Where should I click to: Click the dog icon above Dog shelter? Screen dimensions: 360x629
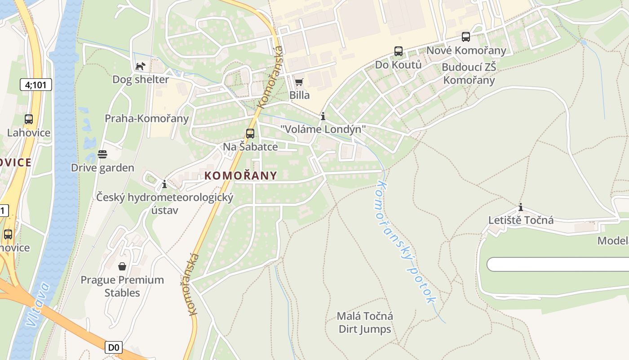(x=141, y=66)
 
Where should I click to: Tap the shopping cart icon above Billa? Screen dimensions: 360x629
(x=299, y=82)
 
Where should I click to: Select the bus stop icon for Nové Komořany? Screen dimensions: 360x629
(x=466, y=37)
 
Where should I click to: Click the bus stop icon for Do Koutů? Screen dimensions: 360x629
(x=399, y=51)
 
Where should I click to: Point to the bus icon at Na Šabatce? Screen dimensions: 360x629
(x=250, y=133)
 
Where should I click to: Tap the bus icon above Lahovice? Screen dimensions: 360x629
(x=29, y=119)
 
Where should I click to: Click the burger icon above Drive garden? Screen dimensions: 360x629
(x=102, y=154)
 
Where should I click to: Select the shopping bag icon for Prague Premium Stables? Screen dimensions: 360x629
(x=122, y=266)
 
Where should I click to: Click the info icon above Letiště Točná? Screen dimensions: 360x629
(x=521, y=207)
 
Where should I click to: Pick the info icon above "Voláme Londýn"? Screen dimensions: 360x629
(x=323, y=116)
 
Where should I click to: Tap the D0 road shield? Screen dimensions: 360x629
(x=114, y=347)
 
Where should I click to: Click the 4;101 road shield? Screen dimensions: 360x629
(x=36, y=85)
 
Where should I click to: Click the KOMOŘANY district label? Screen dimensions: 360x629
(x=241, y=175)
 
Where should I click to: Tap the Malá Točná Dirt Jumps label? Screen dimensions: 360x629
(x=365, y=323)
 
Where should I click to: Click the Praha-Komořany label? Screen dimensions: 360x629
(x=146, y=118)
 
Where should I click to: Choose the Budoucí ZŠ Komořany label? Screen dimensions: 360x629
(x=469, y=74)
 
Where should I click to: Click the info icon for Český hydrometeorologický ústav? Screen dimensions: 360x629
(x=164, y=184)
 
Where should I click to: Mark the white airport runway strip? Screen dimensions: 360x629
(x=557, y=264)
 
